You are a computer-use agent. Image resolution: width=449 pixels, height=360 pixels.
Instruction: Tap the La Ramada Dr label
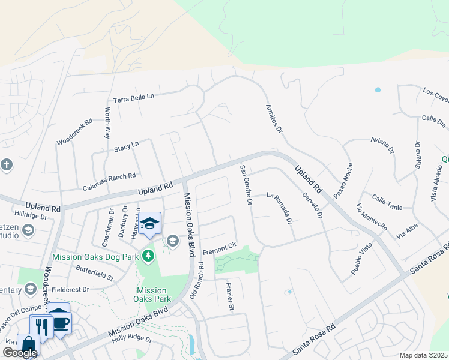point(279,208)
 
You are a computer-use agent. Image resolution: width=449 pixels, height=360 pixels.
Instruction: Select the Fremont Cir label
point(220,251)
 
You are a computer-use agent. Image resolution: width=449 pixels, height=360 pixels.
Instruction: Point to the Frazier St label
point(229,296)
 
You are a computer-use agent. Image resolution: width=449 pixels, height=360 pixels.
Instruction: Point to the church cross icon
point(7,164)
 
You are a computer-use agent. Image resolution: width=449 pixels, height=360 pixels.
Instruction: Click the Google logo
point(20,353)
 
